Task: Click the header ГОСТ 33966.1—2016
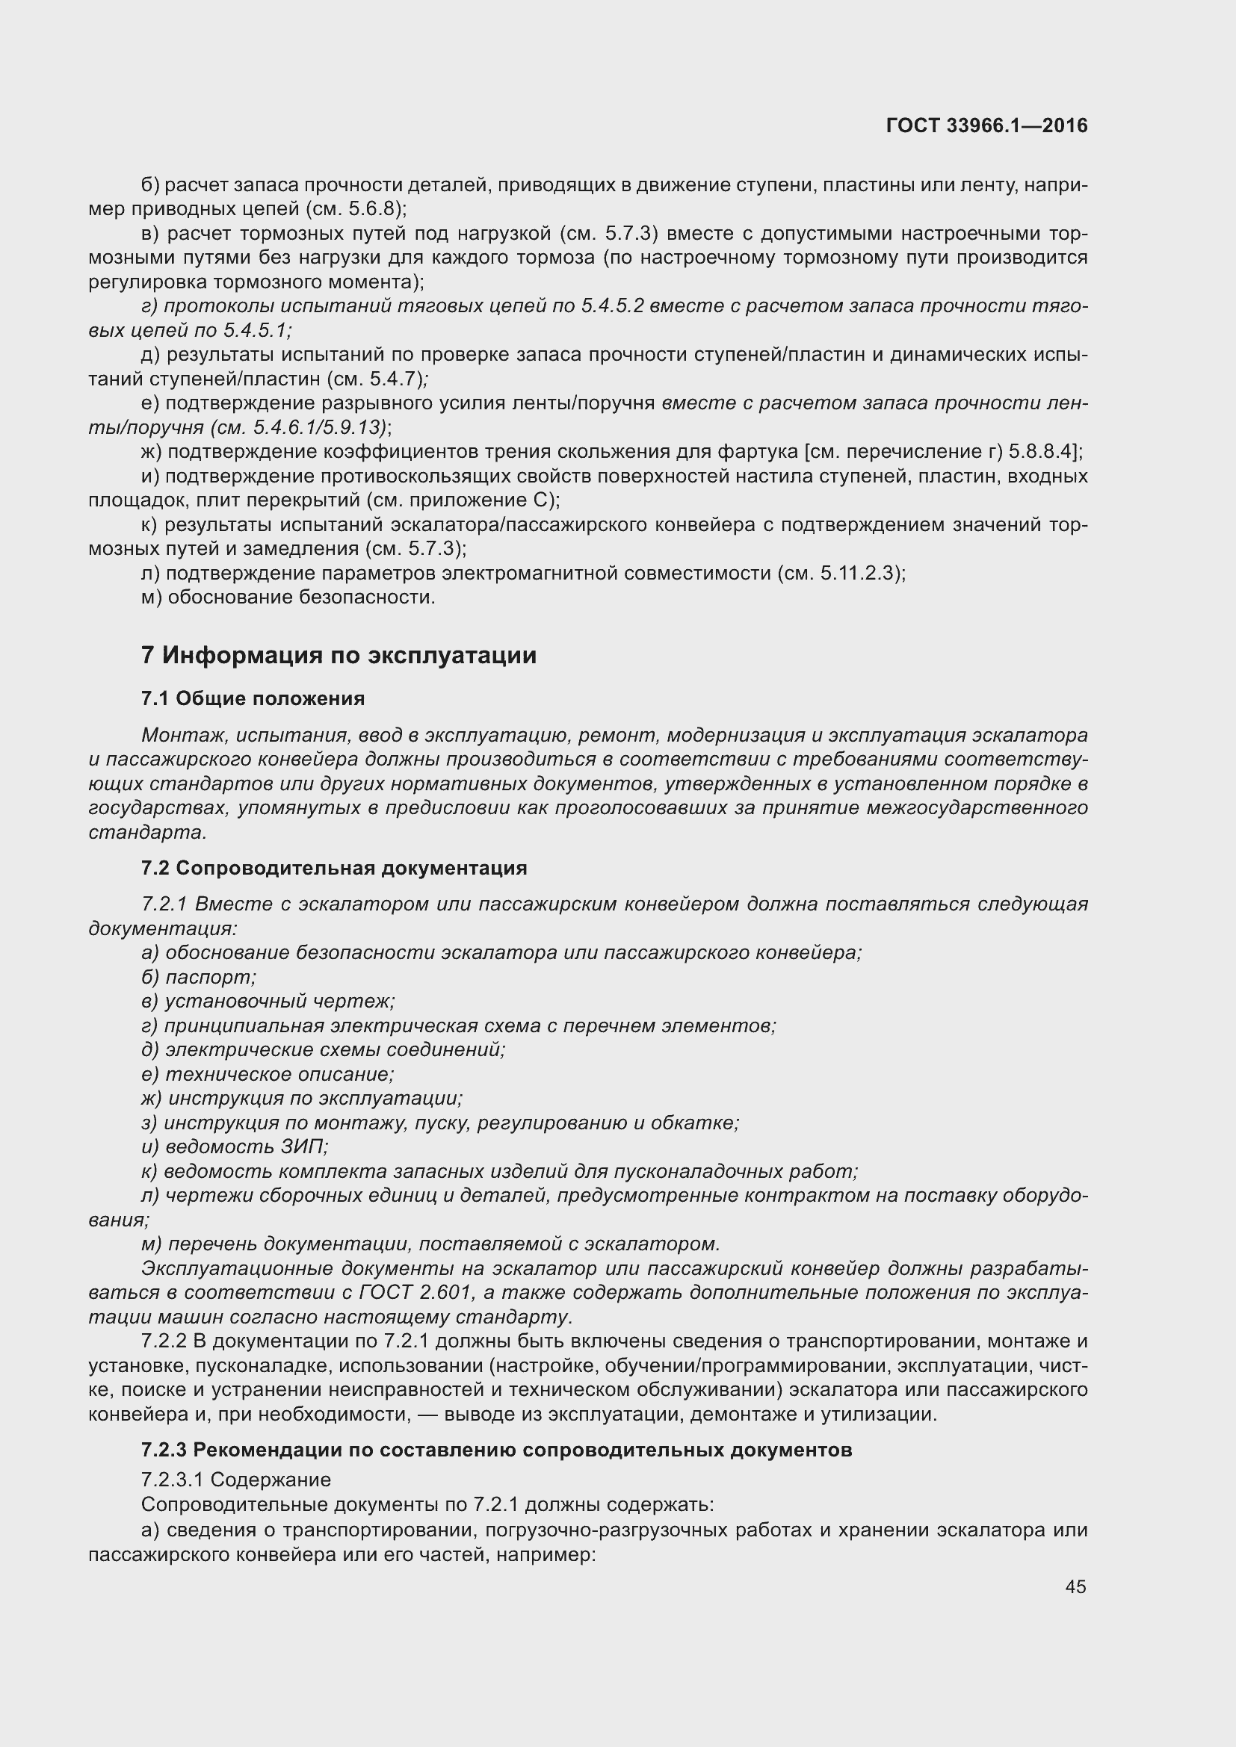[986, 126]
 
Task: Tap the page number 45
[1075, 1586]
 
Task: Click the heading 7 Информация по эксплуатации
[339, 655]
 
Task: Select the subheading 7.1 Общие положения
[253, 698]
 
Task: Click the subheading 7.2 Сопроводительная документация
[334, 868]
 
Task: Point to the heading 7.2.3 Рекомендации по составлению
[496, 1450]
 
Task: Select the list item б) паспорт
[199, 977]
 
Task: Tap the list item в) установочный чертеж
[268, 1002]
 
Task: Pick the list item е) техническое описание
[268, 1074]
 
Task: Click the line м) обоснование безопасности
[288, 598]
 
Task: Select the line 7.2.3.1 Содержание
[236, 1480]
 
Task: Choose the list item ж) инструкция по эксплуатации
[302, 1099]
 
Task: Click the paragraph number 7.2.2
[165, 1341]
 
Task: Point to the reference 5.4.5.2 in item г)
[613, 306]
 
